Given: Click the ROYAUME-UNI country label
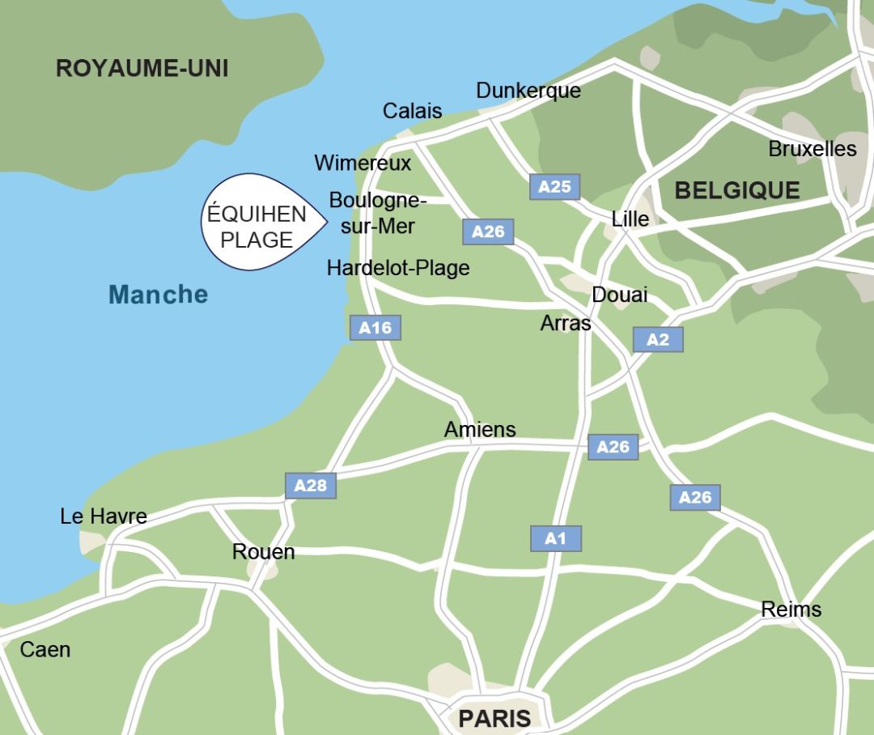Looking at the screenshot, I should tap(142, 68).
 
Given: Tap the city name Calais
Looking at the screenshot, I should tap(412, 111).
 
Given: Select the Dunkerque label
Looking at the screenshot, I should tap(528, 90).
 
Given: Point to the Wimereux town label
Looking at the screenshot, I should tap(363, 163).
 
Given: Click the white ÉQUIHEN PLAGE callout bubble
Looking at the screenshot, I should tap(257, 223).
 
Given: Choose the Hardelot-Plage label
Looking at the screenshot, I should tap(397, 268).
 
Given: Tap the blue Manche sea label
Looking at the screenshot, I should tap(158, 295).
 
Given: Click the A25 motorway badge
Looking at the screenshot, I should tap(554, 187).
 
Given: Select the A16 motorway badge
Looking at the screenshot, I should tap(375, 328).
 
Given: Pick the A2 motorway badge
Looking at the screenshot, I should tap(657, 340).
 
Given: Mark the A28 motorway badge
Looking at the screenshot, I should tap(310, 486).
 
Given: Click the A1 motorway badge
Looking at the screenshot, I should tap(555, 538).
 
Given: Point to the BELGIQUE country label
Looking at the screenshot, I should tap(736, 191).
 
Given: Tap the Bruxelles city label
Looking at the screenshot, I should tap(812, 149).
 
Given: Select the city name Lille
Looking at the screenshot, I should tap(630, 219).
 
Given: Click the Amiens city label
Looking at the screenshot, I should tap(479, 429).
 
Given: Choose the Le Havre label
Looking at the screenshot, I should tap(104, 516).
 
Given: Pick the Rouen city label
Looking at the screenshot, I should tap(263, 552).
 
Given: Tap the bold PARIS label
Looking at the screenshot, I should tap(494, 718).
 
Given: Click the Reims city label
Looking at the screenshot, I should tap(791, 610).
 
